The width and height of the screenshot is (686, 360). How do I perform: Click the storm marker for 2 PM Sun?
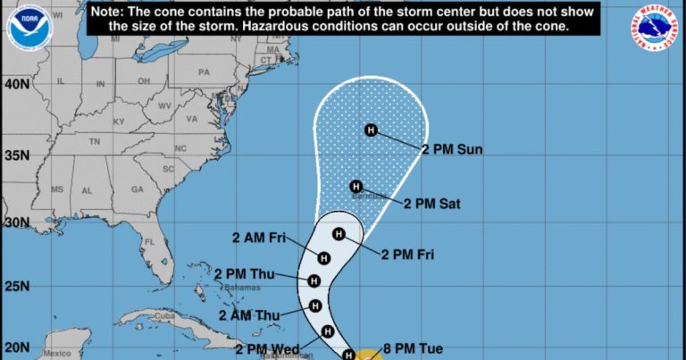[x=372, y=130]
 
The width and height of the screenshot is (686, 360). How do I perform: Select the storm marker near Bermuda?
[x=356, y=187]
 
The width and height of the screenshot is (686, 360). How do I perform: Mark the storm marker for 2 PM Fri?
[x=338, y=234]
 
